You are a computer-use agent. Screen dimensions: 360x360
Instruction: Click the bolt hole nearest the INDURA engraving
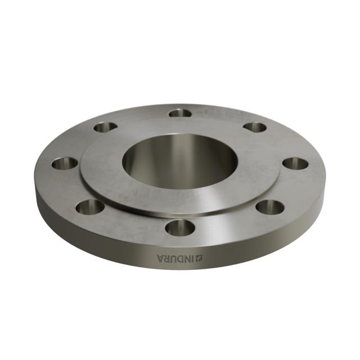point(181,228)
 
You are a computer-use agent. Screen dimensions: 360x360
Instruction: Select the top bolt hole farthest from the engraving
point(180,113)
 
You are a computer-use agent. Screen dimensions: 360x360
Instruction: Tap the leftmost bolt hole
point(65,164)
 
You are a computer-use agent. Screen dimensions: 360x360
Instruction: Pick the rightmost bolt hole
point(295,164)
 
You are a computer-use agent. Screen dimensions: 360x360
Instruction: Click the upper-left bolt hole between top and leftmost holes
point(106,127)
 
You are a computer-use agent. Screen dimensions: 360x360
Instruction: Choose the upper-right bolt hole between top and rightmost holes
point(255,127)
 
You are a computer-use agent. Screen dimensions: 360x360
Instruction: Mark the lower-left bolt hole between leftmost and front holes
point(90,206)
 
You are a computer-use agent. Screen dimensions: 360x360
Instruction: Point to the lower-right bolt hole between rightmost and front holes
point(270,206)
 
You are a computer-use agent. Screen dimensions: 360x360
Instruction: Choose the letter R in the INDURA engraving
point(166,258)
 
